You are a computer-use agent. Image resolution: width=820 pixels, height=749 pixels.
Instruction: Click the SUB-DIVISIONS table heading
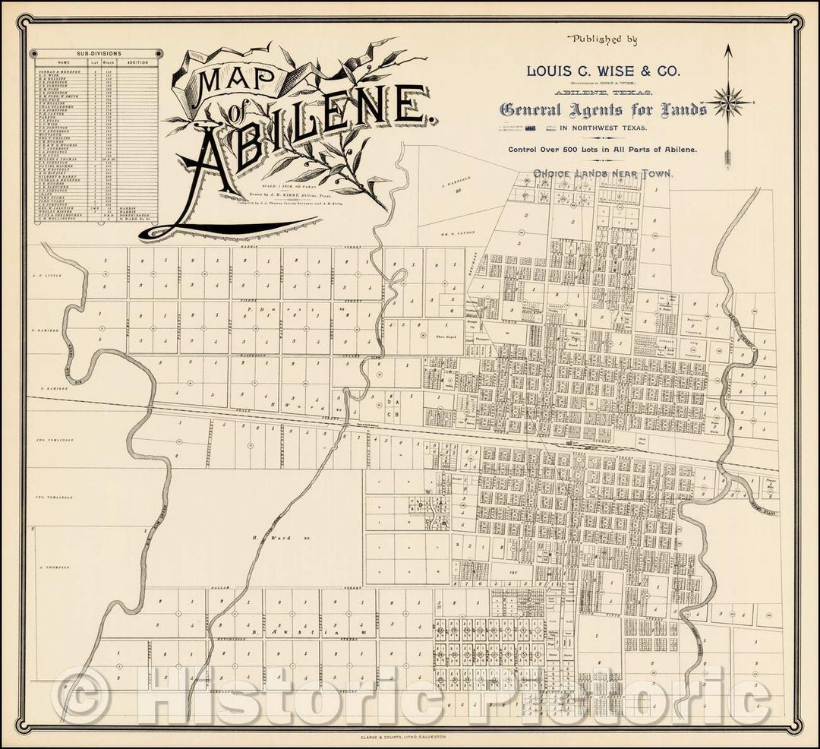95,54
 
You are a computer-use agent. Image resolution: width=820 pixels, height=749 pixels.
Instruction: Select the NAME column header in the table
63,62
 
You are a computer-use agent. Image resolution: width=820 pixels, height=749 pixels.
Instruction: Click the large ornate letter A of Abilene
206,163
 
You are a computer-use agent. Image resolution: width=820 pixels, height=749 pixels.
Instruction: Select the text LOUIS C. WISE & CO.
604,70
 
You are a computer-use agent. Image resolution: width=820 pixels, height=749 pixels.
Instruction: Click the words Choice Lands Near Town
603,173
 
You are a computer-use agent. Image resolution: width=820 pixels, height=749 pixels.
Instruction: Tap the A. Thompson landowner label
53,567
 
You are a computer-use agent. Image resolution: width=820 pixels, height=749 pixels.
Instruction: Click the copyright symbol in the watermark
79,697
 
